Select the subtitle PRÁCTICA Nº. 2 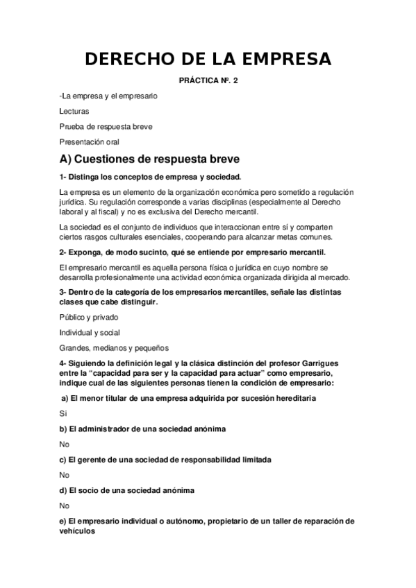208,81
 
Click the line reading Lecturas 74,110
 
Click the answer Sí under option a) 63,413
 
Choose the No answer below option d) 65,505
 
